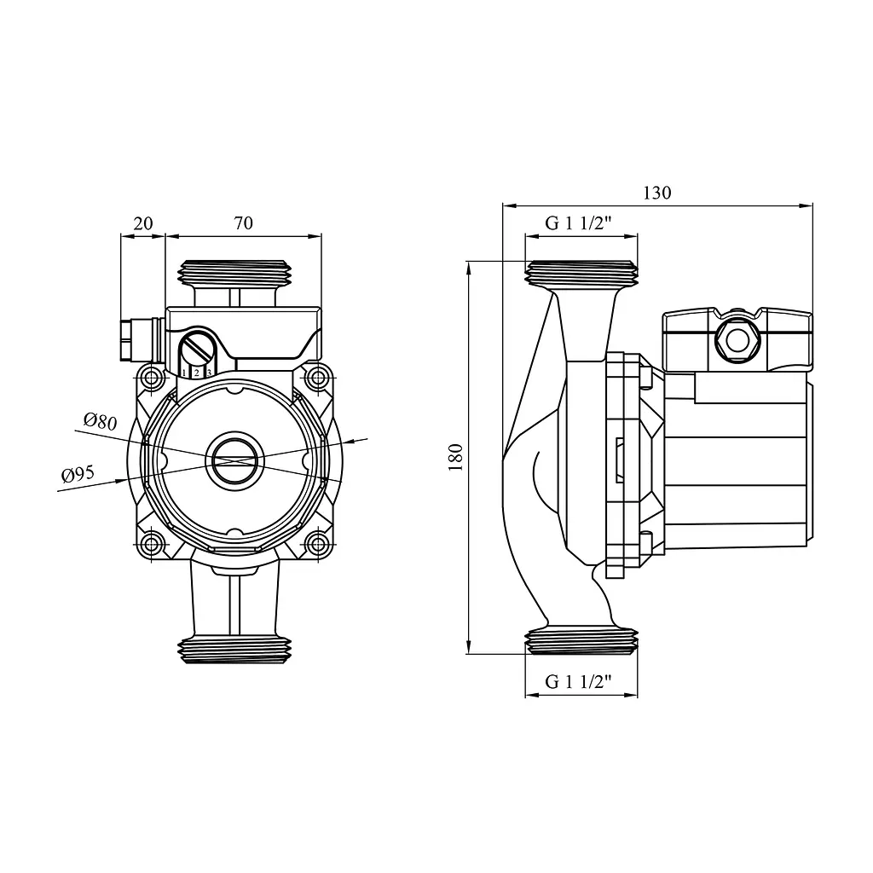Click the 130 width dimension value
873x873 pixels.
pos(657,193)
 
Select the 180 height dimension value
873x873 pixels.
pos(455,458)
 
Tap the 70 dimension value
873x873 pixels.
pos(243,223)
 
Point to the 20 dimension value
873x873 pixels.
pos(143,223)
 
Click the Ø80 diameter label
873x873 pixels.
pos(101,421)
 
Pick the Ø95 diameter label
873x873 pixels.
pos(78,474)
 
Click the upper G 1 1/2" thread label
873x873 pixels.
pos(579,223)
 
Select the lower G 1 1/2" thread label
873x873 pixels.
pos(579,681)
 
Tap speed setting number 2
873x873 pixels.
pos(197,373)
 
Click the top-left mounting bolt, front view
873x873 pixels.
pos(152,379)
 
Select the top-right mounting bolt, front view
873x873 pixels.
pos(318,379)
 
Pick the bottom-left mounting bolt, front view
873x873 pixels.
pos(152,543)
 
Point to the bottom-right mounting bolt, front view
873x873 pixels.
pos(318,543)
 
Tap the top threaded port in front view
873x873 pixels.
pos(234,273)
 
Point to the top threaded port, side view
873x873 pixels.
pos(581,274)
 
